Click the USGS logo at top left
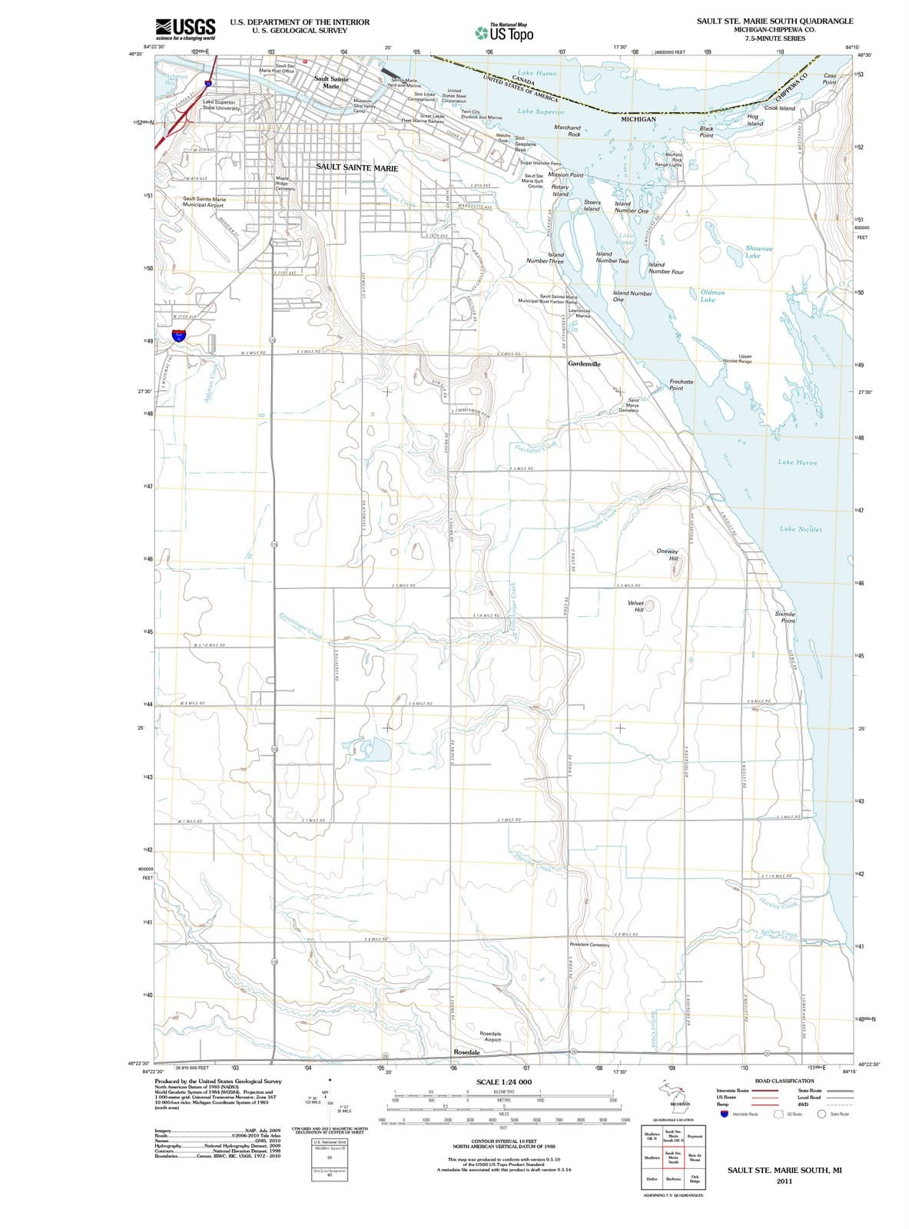click(x=184, y=28)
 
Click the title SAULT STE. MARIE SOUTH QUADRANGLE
click(x=775, y=21)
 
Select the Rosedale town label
click(x=466, y=1052)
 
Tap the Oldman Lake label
click(x=712, y=296)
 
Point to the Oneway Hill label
click(x=668, y=555)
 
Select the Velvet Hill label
click(x=635, y=606)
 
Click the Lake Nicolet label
click(x=801, y=529)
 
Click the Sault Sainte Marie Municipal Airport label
click(x=204, y=202)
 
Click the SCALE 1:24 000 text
click(x=504, y=1082)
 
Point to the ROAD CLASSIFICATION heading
click(x=784, y=1081)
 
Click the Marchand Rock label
click(x=567, y=131)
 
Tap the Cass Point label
click(x=830, y=79)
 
